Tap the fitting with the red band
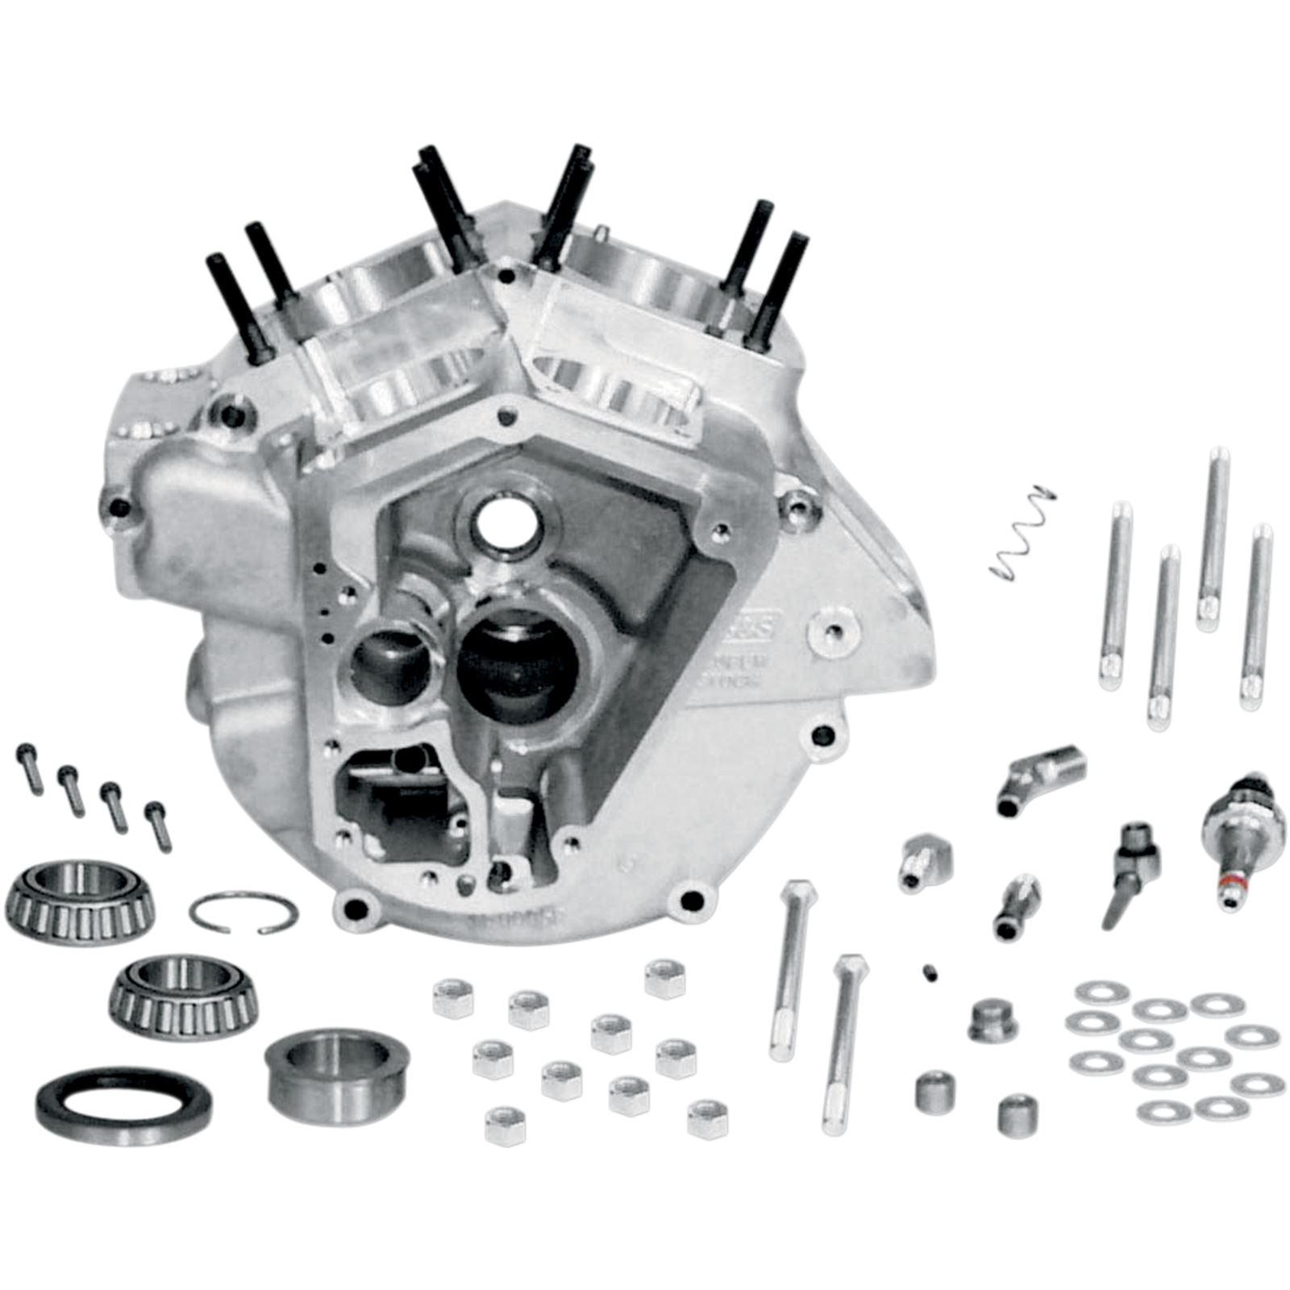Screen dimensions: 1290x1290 pos(1233,838)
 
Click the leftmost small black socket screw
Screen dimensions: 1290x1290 pos(29,769)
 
